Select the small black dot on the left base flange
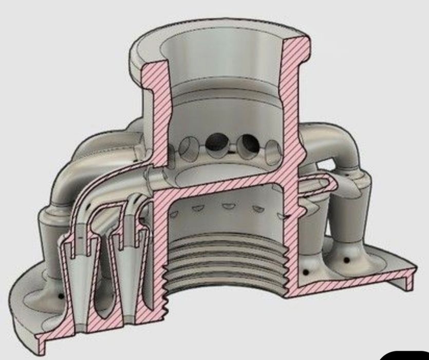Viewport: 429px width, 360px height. click(61, 296)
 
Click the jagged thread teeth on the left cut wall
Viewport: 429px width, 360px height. click(165, 288)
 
